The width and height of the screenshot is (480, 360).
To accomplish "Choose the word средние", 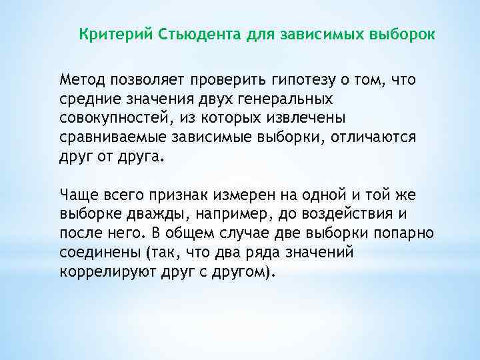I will pyautogui.click(x=87, y=99).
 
